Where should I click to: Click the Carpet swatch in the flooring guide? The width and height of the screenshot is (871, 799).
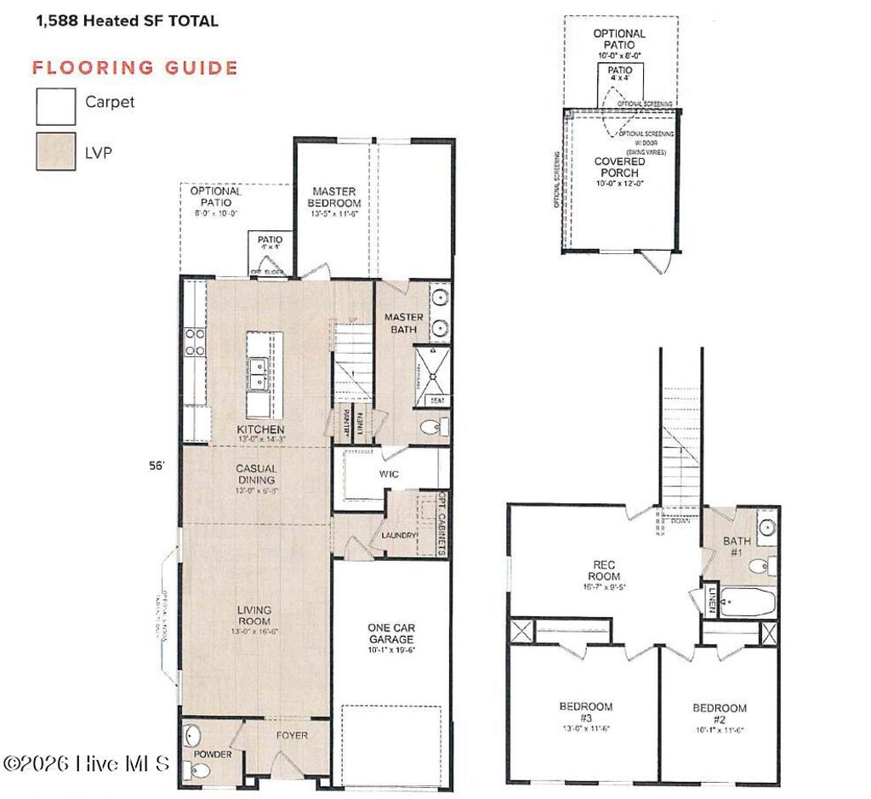(55, 106)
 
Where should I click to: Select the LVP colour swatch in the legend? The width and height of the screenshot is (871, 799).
(55, 152)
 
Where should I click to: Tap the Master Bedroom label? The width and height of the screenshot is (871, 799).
(335, 197)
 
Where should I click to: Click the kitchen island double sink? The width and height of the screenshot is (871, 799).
(258, 373)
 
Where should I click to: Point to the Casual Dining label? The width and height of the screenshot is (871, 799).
(256, 473)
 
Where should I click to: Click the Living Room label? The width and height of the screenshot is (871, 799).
(254, 616)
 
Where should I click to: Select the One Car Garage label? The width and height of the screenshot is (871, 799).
(390, 633)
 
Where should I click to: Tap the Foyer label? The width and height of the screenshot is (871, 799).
(291, 735)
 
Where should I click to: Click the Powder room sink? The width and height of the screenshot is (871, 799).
(193, 734)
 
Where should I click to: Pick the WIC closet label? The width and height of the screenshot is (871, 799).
(389, 474)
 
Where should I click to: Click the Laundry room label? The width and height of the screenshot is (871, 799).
(399, 535)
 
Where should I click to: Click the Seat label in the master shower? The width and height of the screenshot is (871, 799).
(437, 399)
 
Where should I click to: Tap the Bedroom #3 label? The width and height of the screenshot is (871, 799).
(585, 712)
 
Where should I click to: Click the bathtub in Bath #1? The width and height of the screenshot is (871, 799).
(748, 604)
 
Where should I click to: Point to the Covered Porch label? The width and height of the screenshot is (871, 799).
(619, 167)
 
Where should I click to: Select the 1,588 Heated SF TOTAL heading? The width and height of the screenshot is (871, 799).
(126, 20)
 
